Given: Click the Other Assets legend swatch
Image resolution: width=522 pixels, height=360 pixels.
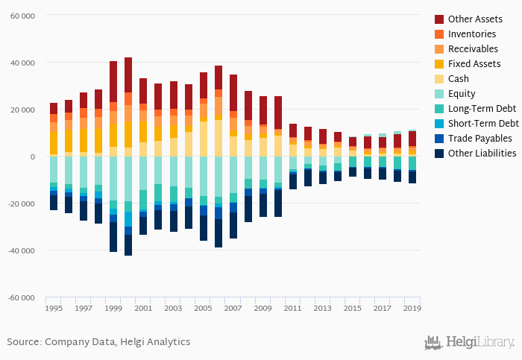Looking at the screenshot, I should pyautogui.click(x=440, y=19).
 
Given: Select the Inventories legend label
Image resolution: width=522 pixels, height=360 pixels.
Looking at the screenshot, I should pyautogui.click(x=473, y=34).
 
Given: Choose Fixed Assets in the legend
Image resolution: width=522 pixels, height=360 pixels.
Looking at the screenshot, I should pyautogui.click(x=474, y=63).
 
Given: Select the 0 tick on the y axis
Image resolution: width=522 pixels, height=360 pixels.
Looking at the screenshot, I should pyautogui.click(x=33, y=157).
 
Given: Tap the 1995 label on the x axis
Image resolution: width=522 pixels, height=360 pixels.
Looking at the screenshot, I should pyautogui.click(x=54, y=308).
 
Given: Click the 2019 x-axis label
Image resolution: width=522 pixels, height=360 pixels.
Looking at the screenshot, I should pyautogui.click(x=412, y=308).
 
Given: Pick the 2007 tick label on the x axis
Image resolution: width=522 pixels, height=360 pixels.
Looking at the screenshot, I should pyautogui.click(x=233, y=308).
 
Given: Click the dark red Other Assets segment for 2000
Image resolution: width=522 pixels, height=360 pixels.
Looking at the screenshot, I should pyautogui.click(x=128, y=75).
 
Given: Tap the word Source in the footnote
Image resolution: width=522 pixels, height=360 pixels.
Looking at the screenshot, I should pyautogui.click(x=24, y=342).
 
